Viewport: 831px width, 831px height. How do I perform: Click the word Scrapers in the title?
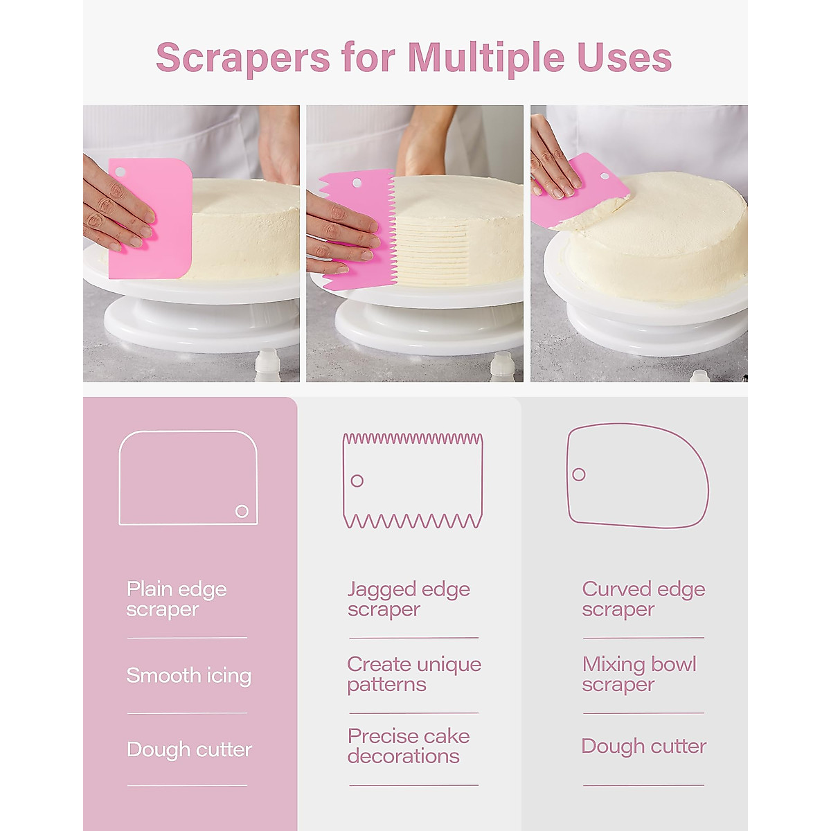pyautogui.click(x=242, y=57)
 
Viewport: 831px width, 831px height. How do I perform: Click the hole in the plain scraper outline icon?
pyautogui.click(x=242, y=511)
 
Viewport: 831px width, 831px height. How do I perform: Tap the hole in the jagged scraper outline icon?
pyautogui.click(x=357, y=481)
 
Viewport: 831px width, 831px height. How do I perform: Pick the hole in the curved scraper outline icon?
pyautogui.click(x=579, y=474)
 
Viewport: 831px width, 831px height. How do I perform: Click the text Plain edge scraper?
pyautogui.click(x=177, y=599)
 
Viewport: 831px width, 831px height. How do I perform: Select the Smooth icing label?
pyautogui.click(x=188, y=676)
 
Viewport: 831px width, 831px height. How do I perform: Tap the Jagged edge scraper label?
pyautogui.click(x=409, y=599)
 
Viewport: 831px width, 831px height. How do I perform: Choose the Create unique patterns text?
pyautogui.click(x=414, y=674)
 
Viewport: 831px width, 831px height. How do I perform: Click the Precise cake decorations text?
pyautogui.click(x=409, y=746)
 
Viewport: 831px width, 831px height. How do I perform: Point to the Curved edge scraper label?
pyautogui.click(x=643, y=599)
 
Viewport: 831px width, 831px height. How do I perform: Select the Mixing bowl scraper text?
pyautogui.click(x=639, y=674)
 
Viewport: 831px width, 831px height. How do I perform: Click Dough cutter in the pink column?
pyautogui.click(x=189, y=749)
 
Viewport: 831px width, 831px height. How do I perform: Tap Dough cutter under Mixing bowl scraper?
pyautogui.click(x=644, y=747)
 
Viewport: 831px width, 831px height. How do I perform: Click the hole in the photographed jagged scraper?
pyautogui.click(x=357, y=184)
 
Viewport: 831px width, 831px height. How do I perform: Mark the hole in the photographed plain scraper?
pyautogui.click(x=120, y=172)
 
